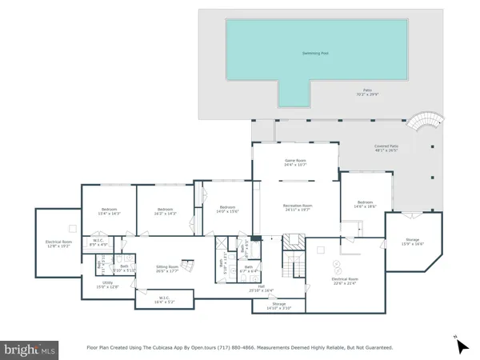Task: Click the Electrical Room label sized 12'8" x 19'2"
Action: click(x=59, y=244)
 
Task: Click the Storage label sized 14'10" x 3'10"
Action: click(x=278, y=306)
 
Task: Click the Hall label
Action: click(x=261, y=289)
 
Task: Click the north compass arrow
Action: click(x=462, y=346)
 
